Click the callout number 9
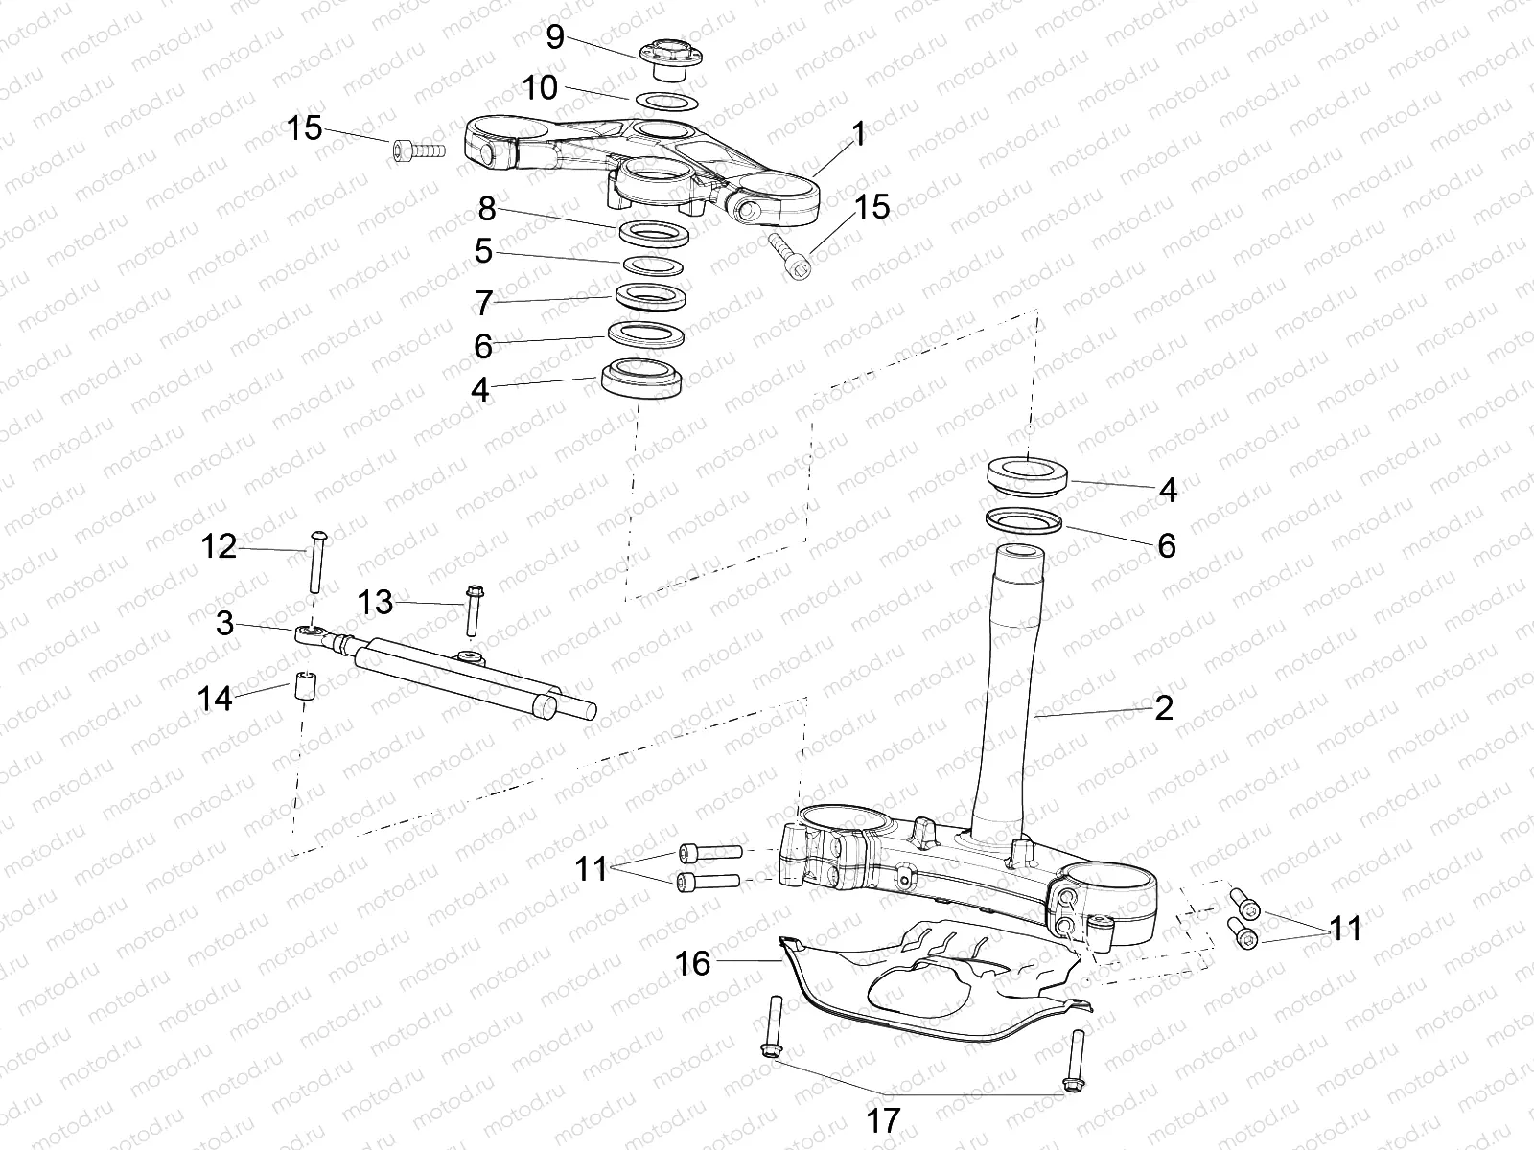click(555, 37)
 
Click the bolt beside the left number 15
click(419, 149)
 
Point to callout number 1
click(858, 133)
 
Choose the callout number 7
click(483, 304)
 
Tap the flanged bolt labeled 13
click(473, 609)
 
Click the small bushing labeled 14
click(304, 686)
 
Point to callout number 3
click(224, 624)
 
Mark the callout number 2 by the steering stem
click(1164, 708)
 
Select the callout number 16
click(693, 962)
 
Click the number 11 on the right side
click(1345, 929)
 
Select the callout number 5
click(483, 252)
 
